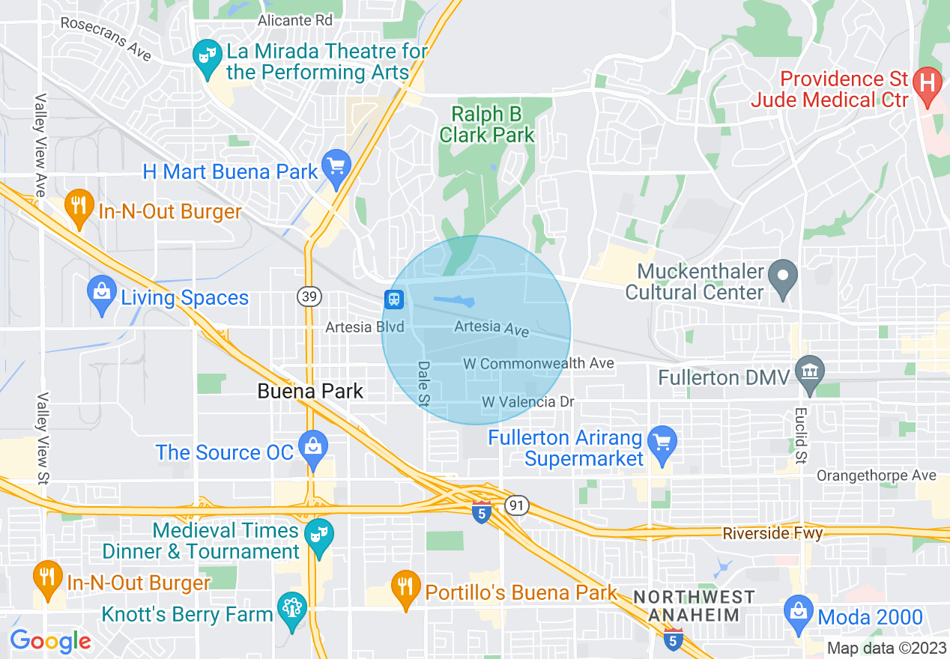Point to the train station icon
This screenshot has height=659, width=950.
point(394,300)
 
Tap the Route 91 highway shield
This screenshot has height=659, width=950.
point(516,505)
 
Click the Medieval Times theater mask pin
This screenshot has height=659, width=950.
point(319,535)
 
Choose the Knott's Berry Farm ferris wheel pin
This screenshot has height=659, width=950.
point(291,609)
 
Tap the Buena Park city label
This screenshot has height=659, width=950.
point(310,391)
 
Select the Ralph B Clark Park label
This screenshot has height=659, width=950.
point(487,124)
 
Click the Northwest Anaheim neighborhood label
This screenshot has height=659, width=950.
point(693,606)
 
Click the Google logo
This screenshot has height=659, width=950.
point(50,641)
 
